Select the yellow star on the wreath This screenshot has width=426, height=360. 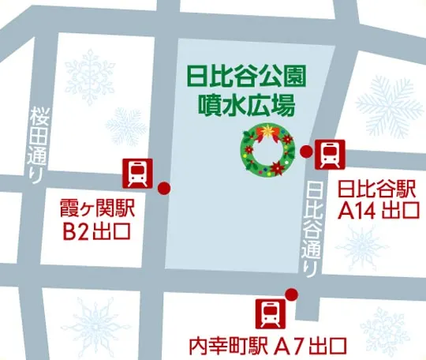[269, 129]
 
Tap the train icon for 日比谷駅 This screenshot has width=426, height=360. [329, 153]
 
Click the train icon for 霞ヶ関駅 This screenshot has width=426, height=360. [136, 172]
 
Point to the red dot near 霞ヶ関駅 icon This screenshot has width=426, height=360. [164, 188]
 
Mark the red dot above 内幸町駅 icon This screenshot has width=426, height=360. [291, 295]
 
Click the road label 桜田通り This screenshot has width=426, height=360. [37, 144]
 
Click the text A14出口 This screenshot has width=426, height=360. [377, 210]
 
